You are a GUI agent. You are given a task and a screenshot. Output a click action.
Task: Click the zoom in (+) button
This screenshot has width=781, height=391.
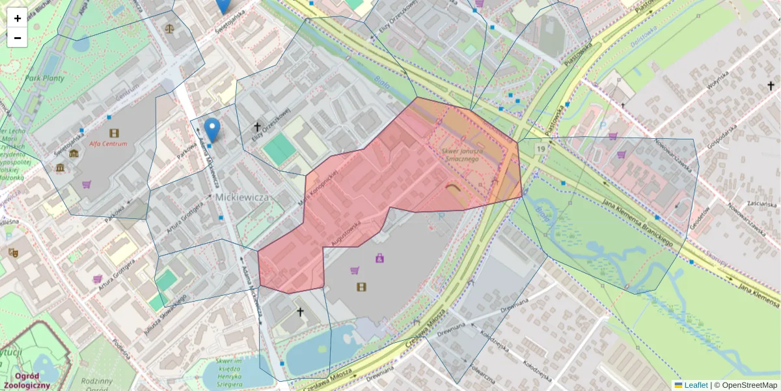18,18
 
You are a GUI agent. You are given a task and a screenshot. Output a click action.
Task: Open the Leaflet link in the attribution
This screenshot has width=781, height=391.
695,385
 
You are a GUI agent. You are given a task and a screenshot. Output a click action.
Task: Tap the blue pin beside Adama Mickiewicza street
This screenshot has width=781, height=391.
212,128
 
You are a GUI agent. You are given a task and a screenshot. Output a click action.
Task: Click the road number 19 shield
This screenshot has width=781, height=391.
540,149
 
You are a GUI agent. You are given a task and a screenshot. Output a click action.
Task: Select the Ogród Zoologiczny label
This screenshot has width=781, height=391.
29,381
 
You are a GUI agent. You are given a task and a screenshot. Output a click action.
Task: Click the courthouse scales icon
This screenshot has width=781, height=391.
170,29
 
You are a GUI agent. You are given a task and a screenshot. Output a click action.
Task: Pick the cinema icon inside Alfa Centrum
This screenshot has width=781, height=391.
115,133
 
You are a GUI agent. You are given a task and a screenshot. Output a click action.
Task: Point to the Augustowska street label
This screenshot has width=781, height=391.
346,231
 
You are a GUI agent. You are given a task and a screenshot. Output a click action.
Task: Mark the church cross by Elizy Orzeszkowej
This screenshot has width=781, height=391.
257,127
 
